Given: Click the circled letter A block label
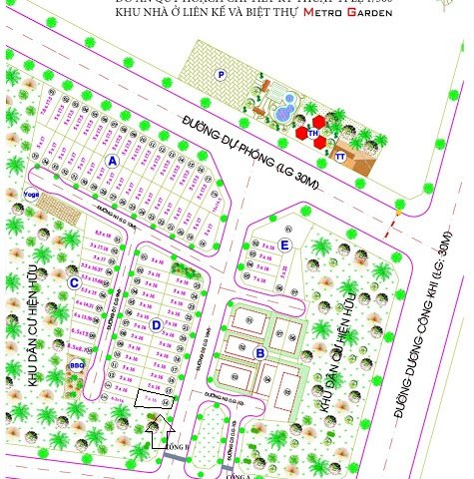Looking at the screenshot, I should [x=112, y=160].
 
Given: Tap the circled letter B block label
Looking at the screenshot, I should [x=259, y=352].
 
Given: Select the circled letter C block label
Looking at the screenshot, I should [x=74, y=283].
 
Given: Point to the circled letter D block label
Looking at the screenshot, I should [x=157, y=324].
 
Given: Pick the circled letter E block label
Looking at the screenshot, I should [x=284, y=244].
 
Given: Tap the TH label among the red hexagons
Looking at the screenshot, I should [x=312, y=132].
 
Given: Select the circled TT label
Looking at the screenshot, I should [x=341, y=157].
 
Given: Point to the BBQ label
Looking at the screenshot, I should [x=76, y=366].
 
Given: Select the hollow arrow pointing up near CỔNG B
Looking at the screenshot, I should [x=152, y=432].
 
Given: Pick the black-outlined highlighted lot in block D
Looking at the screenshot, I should [x=155, y=400].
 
